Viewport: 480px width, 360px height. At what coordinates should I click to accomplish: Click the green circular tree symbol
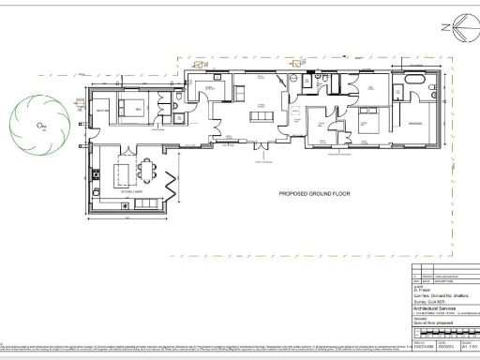(38, 124)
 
